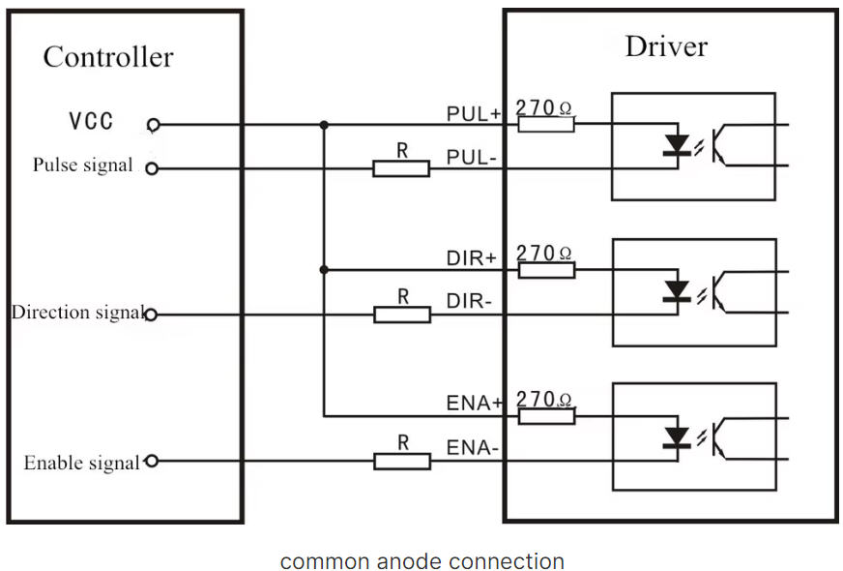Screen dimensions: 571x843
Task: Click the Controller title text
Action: click(x=107, y=56)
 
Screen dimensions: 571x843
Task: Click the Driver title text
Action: click(x=666, y=45)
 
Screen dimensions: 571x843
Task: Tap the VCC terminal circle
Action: click(x=152, y=125)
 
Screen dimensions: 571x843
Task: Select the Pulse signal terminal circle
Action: click(x=151, y=168)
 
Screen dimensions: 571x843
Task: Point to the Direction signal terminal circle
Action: click(x=150, y=315)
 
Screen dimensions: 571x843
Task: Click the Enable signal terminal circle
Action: click(x=150, y=462)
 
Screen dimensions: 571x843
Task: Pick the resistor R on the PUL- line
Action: click(x=401, y=168)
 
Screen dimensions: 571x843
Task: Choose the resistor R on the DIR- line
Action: click(x=401, y=315)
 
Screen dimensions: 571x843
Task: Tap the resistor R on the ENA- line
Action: click(x=401, y=462)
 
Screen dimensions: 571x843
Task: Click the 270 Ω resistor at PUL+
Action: click(x=546, y=124)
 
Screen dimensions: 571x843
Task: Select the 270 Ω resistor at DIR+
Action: click(x=546, y=270)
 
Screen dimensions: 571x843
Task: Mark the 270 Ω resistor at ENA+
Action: click(x=546, y=416)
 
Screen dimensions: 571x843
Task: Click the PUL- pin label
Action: click(x=471, y=157)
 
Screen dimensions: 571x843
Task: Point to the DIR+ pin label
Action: click(x=471, y=258)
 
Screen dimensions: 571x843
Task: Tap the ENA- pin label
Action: click(x=472, y=448)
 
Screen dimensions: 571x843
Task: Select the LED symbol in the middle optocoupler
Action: click(x=678, y=291)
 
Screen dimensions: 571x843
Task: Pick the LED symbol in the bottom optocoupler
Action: click(x=678, y=437)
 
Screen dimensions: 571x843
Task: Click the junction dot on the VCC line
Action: click(x=323, y=125)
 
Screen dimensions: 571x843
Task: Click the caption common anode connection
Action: click(x=421, y=561)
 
